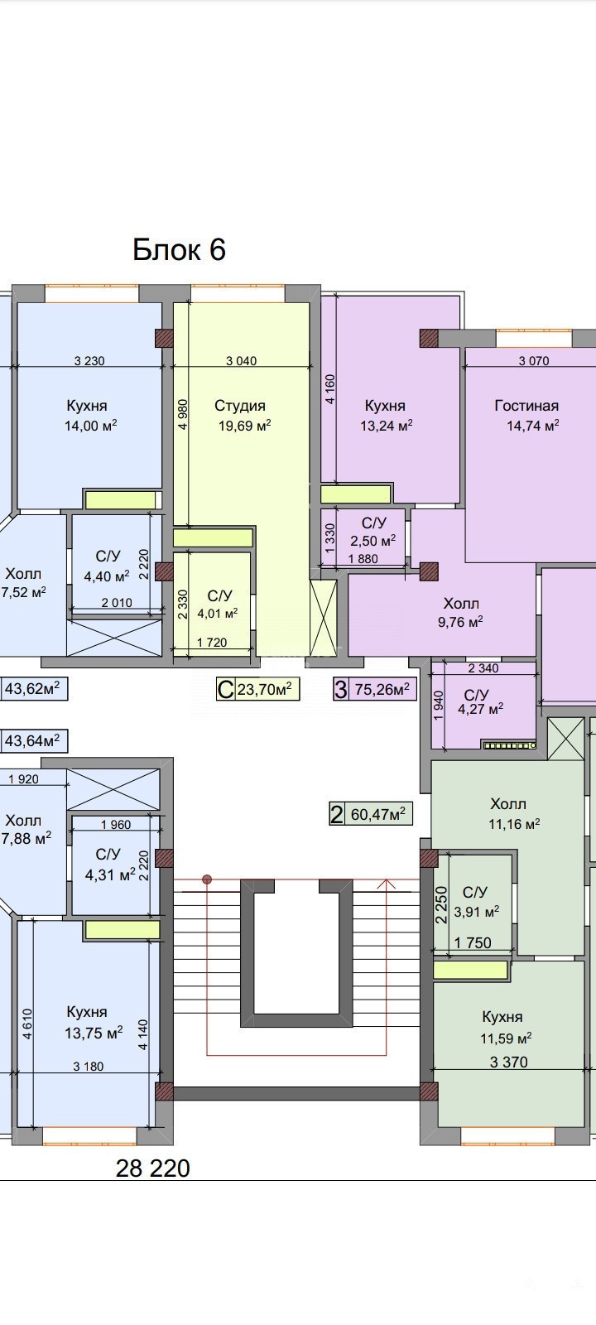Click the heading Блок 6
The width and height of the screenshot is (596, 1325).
tap(179, 250)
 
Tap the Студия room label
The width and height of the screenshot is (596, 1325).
tap(239, 406)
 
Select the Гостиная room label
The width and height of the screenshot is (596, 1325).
tap(526, 406)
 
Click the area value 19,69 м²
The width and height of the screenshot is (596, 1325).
tap(245, 426)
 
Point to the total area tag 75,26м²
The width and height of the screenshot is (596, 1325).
tap(382, 689)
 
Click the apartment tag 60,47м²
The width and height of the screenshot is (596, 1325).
tap(377, 815)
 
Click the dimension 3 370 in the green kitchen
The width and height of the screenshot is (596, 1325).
tap(508, 1062)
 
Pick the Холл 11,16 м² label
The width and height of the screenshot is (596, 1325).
tap(514, 813)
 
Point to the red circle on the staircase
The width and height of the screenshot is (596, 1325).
tap(207, 879)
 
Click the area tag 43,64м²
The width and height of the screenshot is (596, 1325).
tap(32, 740)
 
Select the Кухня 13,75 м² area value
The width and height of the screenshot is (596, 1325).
tap(94, 1033)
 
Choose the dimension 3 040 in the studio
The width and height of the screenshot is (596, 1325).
tap(241, 360)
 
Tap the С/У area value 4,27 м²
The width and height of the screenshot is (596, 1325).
tap(481, 709)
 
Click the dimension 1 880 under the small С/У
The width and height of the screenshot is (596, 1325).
tap(363, 558)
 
